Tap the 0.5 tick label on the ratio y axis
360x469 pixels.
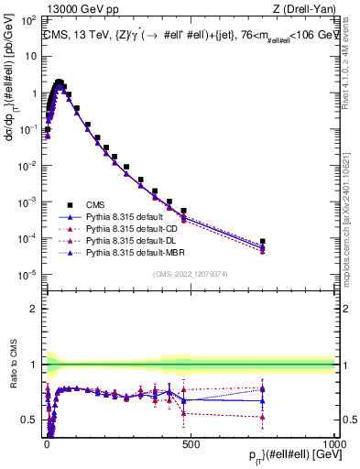click(x=30, y=420)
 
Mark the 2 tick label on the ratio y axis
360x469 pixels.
click(x=35, y=309)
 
